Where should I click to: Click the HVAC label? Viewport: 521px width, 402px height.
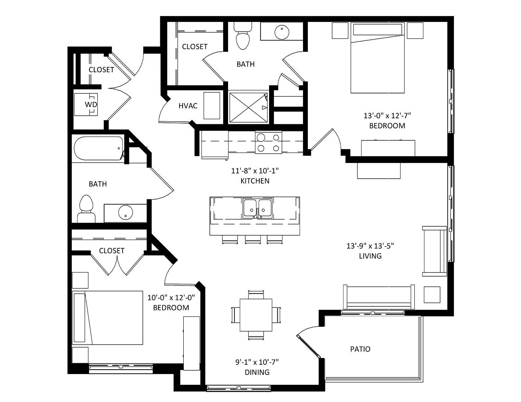188,106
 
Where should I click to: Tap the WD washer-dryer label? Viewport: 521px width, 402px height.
91,104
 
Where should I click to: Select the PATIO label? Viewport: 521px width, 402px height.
360,349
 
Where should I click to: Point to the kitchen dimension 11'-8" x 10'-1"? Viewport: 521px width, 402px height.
255,171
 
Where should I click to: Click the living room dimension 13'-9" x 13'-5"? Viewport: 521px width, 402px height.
370,246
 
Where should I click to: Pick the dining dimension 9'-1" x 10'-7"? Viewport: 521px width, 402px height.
257,362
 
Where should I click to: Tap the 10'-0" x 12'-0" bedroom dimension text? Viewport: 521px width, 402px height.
171,298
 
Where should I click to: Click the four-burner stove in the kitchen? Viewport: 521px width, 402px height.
268,143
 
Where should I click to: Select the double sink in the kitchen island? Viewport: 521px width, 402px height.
258,208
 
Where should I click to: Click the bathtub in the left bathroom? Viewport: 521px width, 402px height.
98,149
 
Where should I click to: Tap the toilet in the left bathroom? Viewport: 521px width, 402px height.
86,208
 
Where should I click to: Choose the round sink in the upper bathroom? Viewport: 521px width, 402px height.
282,32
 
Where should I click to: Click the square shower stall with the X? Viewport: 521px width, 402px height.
249,108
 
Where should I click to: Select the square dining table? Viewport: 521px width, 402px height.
256,315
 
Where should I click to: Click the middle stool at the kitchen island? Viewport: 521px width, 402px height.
253,239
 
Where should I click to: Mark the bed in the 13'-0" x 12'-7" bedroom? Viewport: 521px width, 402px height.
378,58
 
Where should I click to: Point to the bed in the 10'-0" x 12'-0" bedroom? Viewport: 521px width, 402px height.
107,318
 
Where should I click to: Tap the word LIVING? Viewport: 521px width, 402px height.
370,256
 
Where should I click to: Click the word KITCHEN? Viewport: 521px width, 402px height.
255,181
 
